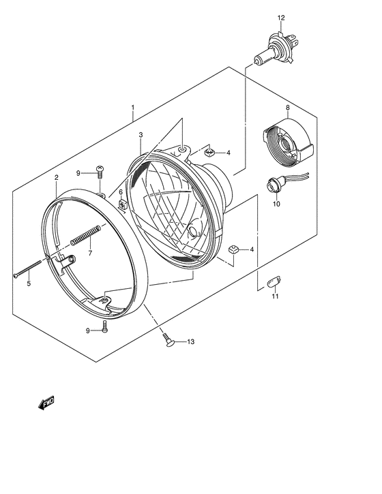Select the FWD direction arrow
click(x=46, y=403)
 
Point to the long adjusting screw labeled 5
click(x=28, y=269)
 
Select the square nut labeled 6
click(x=121, y=204)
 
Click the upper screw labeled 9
click(x=100, y=172)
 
